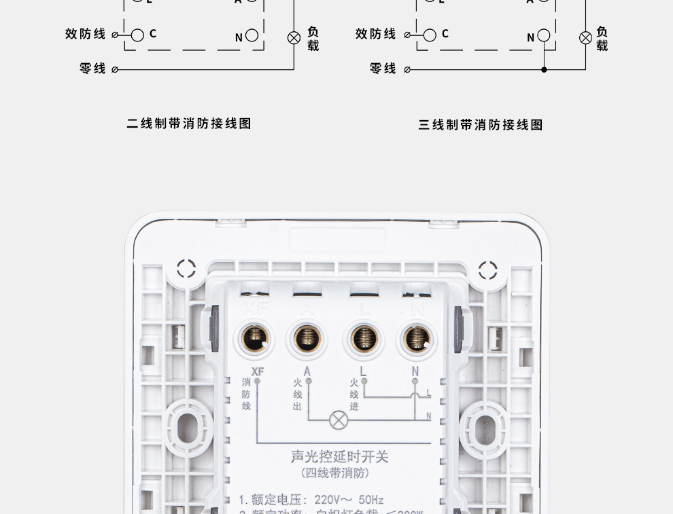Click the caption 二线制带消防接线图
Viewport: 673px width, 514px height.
189,124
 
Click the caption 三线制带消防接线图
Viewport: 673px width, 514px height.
481,125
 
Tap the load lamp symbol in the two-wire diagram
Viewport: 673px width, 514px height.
294,38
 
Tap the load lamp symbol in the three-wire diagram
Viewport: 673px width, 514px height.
585,38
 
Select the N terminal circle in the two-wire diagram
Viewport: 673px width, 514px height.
252,36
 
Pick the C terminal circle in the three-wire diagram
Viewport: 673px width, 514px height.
430,35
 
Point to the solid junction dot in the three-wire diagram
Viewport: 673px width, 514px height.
544,69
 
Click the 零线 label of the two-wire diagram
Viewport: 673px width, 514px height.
93,69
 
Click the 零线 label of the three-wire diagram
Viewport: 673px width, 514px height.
383,69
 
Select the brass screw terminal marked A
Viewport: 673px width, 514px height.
307,337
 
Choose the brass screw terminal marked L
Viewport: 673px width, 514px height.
364,337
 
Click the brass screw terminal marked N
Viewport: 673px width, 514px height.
416,337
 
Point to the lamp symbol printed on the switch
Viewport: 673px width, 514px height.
339,420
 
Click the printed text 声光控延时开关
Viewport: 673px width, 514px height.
340,457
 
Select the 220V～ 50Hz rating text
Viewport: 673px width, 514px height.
348,500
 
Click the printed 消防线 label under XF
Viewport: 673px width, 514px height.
246,394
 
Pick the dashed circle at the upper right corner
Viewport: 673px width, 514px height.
487,270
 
